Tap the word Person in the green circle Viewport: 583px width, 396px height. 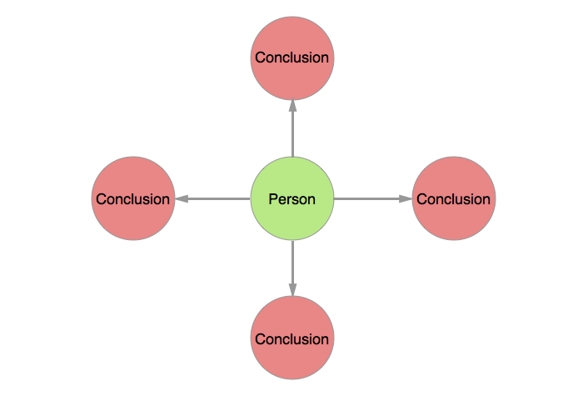click(292, 199)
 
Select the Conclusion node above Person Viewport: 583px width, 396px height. click(292, 38)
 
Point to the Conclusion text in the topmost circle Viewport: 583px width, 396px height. click(292, 58)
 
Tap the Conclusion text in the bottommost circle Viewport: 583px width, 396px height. click(292, 339)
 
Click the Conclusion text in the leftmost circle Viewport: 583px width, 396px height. click(132, 199)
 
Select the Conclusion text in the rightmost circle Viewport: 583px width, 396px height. click(454, 199)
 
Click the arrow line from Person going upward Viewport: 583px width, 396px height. click(292, 133)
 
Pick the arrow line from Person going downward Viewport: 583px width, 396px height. click(292, 263)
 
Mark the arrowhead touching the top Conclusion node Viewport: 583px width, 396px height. click(292, 106)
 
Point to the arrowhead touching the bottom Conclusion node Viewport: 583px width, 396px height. click(292, 289)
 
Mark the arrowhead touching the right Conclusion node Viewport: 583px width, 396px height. click(406, 198)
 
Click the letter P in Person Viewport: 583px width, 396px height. click(272, 199)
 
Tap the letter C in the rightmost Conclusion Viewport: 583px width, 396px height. click(421, 199)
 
